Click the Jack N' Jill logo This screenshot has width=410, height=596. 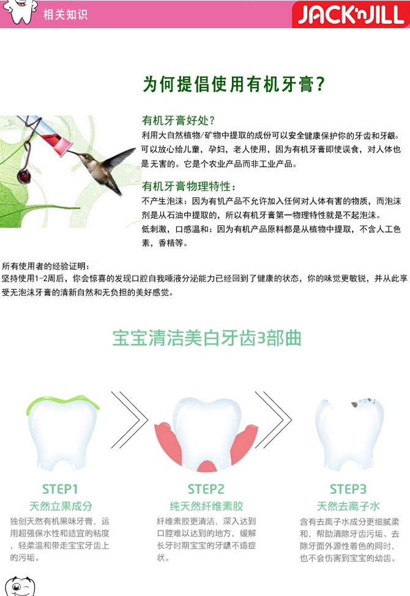351,15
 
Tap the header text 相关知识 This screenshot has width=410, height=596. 65,15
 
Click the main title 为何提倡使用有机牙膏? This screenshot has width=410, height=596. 234,84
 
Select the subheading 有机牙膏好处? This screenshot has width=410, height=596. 178,121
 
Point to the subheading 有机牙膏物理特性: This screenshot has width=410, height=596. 188,186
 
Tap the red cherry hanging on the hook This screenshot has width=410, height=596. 24,176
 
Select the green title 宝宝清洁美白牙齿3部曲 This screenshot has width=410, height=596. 207,338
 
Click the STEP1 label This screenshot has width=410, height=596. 60,489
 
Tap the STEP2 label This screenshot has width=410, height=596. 206,489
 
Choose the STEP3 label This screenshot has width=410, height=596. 348,489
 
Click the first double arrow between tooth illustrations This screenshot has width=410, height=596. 130,420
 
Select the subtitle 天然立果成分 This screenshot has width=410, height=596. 61,507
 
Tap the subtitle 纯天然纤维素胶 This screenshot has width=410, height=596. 206,507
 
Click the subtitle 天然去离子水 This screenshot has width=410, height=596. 348,507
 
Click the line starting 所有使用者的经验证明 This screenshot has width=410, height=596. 45,266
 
